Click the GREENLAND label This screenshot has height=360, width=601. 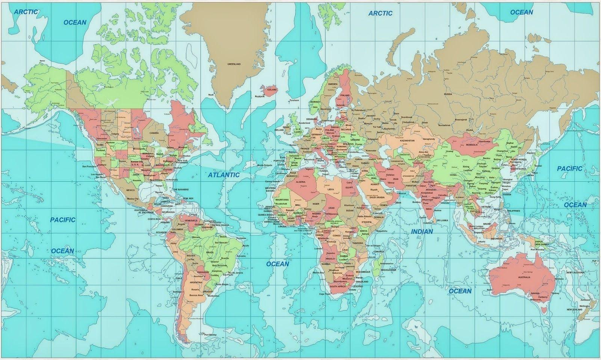[234, 64]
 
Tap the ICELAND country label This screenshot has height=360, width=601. [271, 90]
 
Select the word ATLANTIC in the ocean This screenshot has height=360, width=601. [224, 175]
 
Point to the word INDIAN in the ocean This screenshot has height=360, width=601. [422, 232]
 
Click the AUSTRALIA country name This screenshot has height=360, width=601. [524, 277]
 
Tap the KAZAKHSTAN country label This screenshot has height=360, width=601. [407, 140]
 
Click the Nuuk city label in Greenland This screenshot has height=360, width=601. [211, 95]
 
